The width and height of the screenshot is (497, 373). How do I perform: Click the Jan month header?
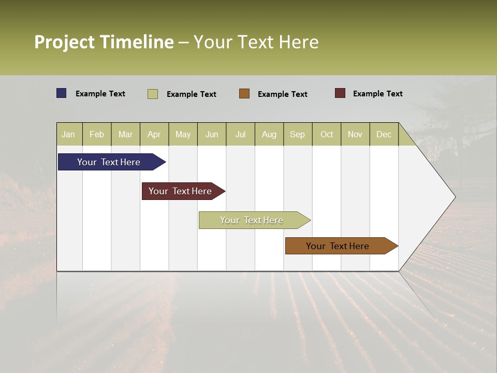(x=68, y=134)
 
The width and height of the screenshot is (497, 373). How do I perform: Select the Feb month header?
(x=97, y=134)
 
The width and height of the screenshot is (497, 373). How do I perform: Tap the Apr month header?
(x=154, y=134)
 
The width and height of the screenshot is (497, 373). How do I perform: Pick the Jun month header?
(x=212, y=134)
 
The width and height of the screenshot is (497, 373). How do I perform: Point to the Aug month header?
(x=269, y=134)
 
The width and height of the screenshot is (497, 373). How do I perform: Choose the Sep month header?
(x=297, y=134)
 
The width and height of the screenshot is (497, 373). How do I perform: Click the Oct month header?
(x=327, y=134)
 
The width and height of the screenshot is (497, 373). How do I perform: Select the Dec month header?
(x=384, y=134)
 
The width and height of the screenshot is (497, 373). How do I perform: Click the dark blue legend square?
(x=62, y=93)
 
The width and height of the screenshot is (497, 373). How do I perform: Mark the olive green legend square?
(x=153, y=94)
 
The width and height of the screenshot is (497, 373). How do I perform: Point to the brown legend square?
(x=244, y=93)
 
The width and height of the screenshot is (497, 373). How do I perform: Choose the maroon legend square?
(x=340, y=93)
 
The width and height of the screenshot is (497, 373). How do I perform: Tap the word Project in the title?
(x=65, y=42)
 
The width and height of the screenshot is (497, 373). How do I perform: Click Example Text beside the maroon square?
(x=377, y=93)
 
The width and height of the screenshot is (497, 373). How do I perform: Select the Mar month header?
(x=125, y=134)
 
